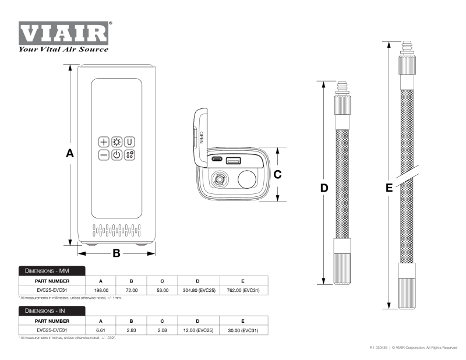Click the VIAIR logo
[x=63, y=37]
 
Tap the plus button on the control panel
[x=104, y=142]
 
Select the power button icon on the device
[x=116, y=155]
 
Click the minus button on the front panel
[x=104, y=155]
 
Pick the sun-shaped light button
[x=116, y=142]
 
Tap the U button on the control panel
[x=129, y=142]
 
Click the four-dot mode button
[x=129, y=155]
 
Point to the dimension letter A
[x=69, y=153]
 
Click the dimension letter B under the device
[x=116, y=253]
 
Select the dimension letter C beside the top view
[x=277, y=174]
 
